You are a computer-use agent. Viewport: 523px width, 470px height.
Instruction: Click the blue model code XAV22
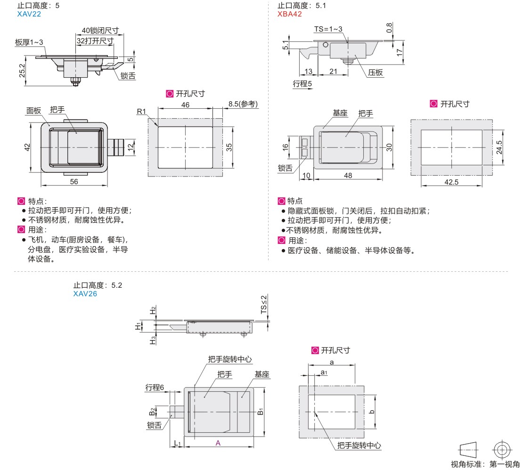[x=29, y=14]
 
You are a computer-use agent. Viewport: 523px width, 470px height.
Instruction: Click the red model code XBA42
[x=289, y=14]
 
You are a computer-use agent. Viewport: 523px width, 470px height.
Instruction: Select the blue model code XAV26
[x=85, y=293]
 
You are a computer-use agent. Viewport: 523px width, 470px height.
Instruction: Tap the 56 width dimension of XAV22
[x=74, y=182]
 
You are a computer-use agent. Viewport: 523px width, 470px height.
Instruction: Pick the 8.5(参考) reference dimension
[x=243, y=104]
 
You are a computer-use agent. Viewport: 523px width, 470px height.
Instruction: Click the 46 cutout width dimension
[x=185, y=105]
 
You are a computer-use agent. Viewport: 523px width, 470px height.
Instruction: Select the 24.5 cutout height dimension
[x=500, y=147]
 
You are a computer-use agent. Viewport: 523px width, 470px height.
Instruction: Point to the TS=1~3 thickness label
[x=328, y=29]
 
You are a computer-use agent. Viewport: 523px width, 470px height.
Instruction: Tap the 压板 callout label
[x=376, y=73]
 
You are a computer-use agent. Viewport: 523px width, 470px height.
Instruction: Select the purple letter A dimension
[x=218, y=443]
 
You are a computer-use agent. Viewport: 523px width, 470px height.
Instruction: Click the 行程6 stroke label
[x=155, y=388]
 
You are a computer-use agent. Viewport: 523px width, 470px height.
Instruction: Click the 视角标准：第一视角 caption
[x=485, y=464]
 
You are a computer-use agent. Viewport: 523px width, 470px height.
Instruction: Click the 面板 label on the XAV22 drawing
[x=34, y=110]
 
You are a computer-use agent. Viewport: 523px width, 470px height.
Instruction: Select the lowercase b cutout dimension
[x=372, y=412]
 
